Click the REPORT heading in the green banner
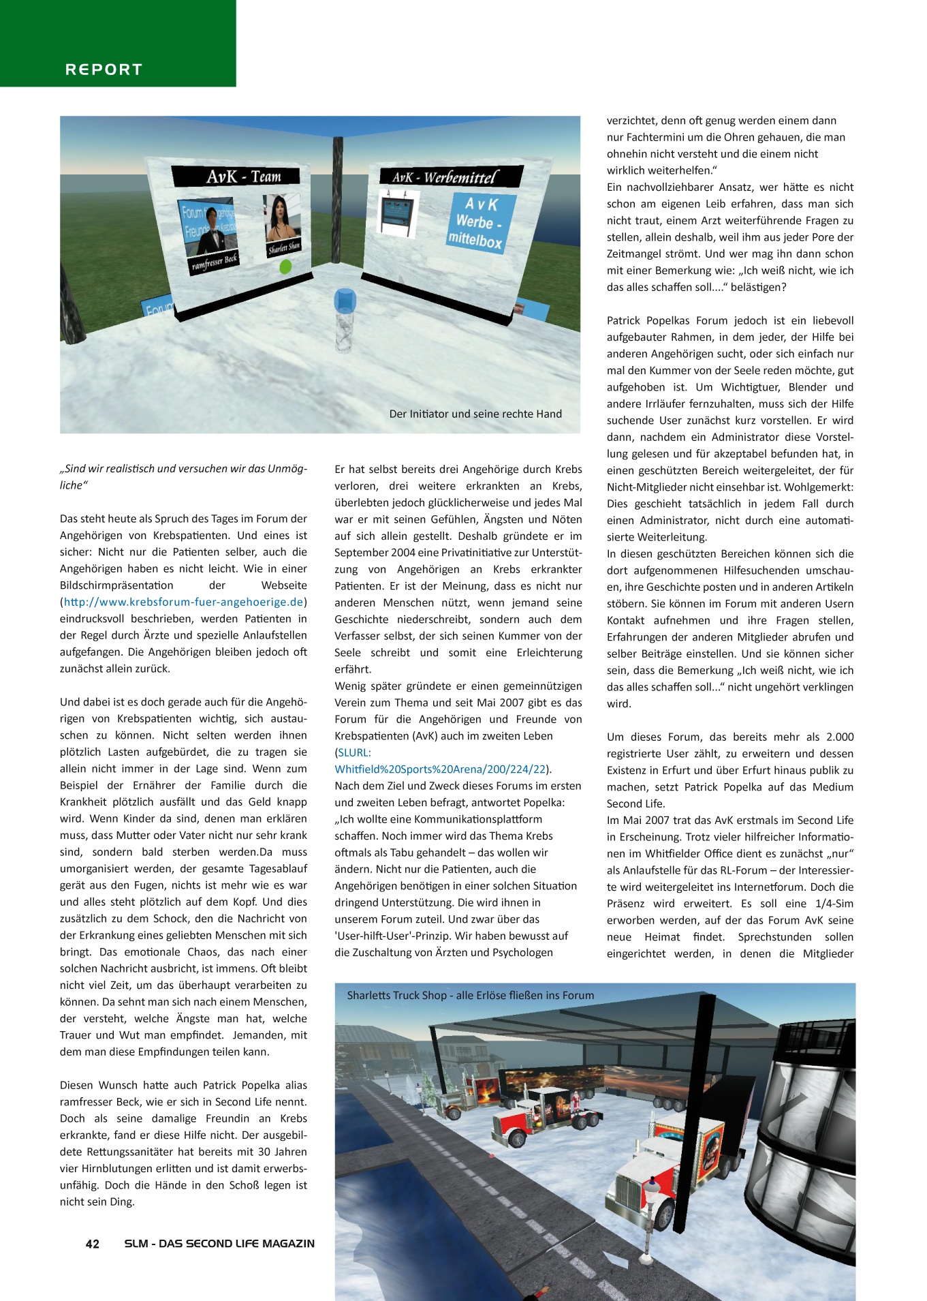pos(104,70)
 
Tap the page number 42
pos(93,1244)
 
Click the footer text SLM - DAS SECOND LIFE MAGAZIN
pos(219,1244)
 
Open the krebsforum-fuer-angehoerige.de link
pos(183,602)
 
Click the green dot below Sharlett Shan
pos(285,266)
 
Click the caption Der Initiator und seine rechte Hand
pos(475,414)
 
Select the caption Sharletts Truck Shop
pos(470,996)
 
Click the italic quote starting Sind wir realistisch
pos(183,476)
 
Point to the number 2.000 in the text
pos(839,737)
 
